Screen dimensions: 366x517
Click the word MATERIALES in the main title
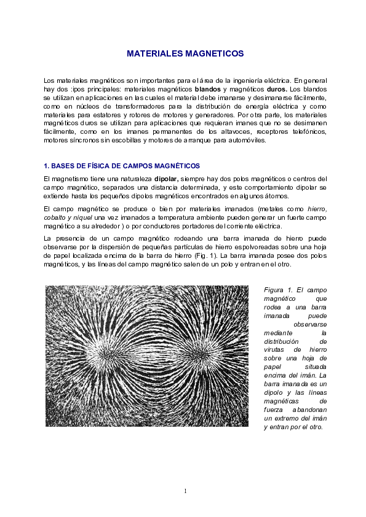coord(153,54)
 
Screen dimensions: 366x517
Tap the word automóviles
coord(247,141)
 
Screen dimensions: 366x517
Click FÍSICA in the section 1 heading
coord(88,166)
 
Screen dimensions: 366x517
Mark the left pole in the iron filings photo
coord(107,354)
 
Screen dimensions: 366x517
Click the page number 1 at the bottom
coord(184,491)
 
